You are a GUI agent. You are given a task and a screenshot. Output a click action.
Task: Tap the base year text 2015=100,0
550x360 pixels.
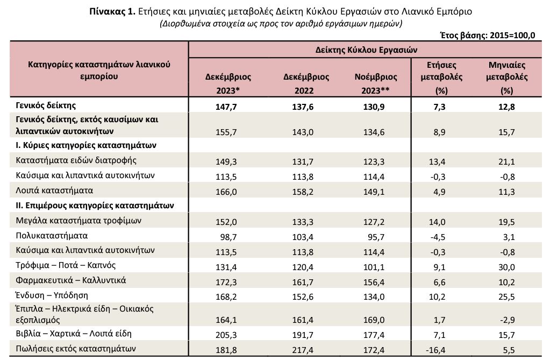click(x=512, y=36)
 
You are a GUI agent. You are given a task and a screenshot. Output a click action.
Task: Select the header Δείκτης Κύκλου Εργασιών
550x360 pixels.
click(x=366, y=50)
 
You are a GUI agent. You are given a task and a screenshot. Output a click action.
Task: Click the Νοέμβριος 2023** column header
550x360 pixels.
click(x=376, y=83)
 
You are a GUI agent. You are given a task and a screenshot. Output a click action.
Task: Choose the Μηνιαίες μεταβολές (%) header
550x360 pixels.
click(x=507, y=77)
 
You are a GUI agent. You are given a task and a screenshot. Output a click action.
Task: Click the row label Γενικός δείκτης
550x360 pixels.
click(x=46, y=105)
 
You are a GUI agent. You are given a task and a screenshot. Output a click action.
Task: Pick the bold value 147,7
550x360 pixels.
click(x=226, y=107)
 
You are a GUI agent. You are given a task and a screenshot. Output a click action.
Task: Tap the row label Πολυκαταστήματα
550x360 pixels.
click(x=52, y=236)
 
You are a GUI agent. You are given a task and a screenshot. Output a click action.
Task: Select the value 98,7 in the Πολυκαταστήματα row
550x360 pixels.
click(x=228, y=237)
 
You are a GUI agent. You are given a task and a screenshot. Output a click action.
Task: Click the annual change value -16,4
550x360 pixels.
click(x=435, y=350)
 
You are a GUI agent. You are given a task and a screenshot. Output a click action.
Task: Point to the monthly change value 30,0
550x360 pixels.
click(x=506, y=267)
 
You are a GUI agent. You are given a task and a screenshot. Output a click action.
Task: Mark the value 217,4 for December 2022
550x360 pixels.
click(x=303, y=350)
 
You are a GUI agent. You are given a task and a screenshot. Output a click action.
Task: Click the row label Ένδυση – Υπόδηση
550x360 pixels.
click(x=52, y=295)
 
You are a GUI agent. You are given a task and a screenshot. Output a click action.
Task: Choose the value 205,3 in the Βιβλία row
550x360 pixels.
click(x=226, y=335)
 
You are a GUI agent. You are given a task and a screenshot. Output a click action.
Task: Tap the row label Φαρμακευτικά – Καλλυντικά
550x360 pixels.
click(x=71, y=280)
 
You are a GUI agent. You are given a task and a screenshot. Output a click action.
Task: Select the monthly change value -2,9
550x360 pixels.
click(x=506, y=320)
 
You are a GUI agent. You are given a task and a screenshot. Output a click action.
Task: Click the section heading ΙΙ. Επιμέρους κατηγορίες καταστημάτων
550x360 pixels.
click(x=95, y=206)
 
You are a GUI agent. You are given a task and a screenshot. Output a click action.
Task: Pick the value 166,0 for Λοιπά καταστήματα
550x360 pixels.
click(x=226, y=192)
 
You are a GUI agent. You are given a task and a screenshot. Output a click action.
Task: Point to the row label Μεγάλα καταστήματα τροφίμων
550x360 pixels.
click(x=78, y=221)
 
